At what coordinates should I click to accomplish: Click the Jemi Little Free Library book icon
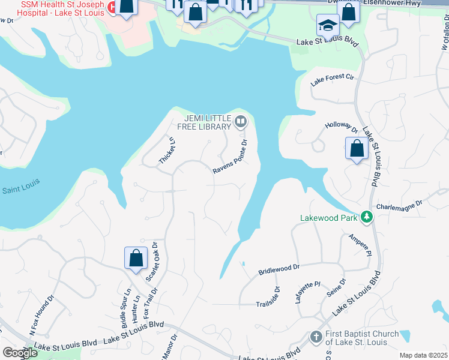241,122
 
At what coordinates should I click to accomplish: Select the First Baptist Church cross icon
316,338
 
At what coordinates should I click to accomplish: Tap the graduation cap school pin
328,26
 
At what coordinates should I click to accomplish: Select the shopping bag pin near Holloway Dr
357,148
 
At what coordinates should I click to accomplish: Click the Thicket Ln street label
167,151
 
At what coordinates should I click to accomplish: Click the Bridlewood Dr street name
278,268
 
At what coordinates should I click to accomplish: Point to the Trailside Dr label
268,296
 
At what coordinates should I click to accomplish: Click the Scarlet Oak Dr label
151,262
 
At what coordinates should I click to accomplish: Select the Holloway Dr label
341,127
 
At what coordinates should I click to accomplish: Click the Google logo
20,353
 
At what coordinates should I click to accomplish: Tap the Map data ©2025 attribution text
423,355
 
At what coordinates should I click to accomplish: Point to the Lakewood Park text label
329,217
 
